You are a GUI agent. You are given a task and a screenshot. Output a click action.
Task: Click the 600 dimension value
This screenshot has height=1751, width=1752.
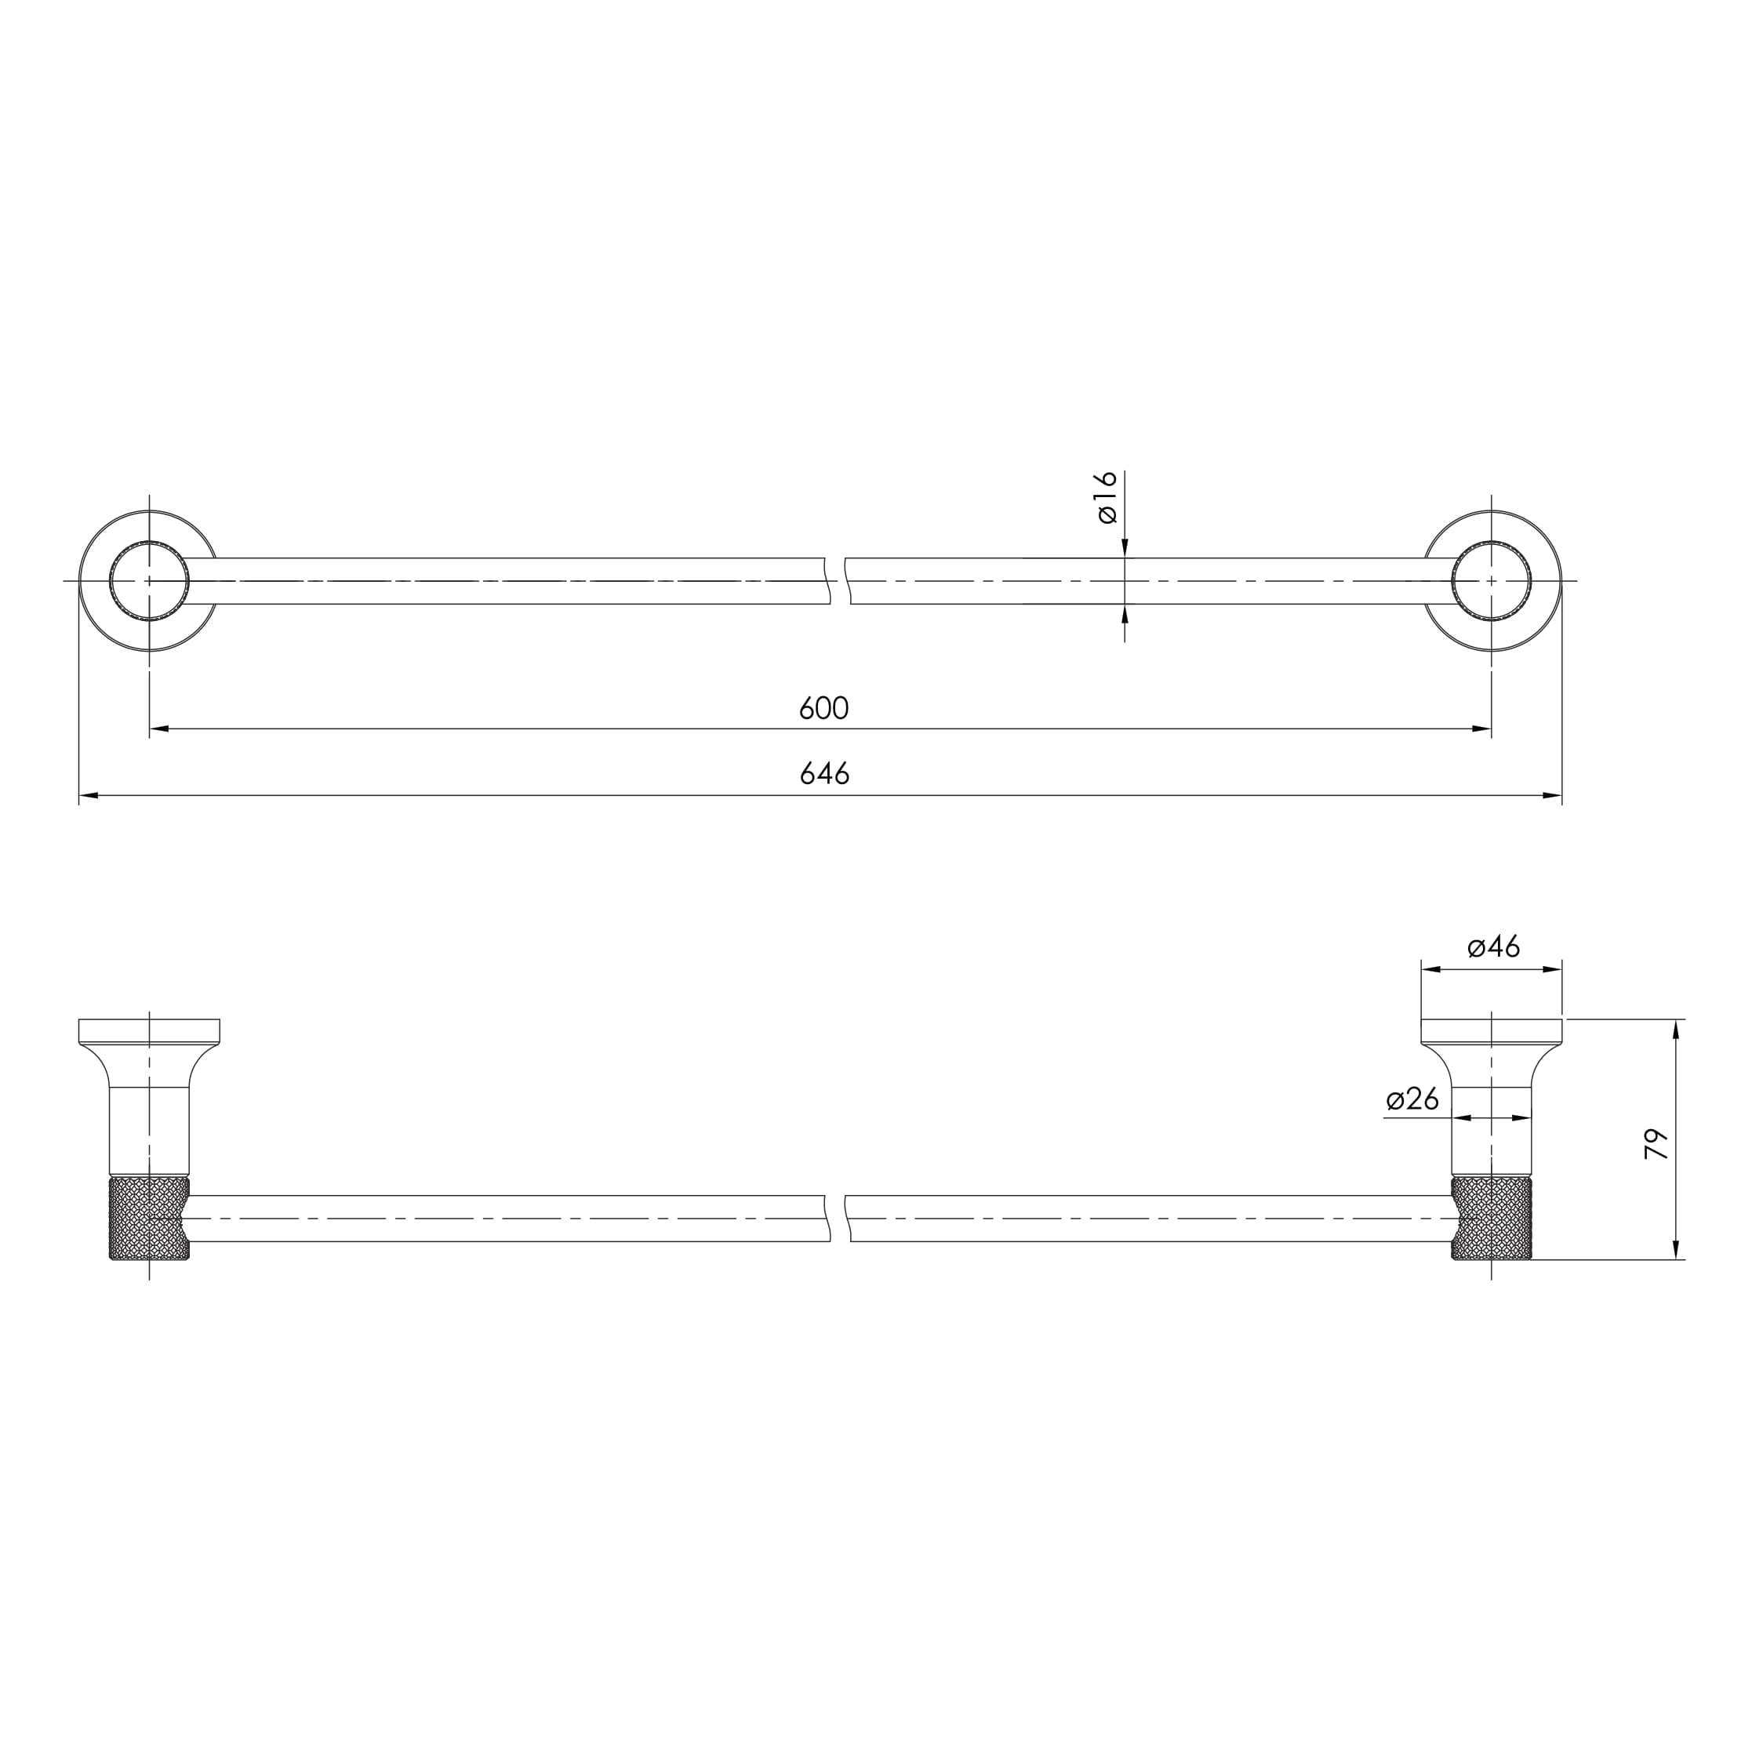[x=823, y=708]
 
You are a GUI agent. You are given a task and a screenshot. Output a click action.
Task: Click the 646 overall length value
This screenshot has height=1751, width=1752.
[x=824, y=773]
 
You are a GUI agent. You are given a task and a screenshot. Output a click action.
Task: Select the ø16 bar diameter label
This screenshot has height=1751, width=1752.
[x=1107, y=497]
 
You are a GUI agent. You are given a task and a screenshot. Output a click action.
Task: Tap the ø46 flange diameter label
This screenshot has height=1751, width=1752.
[x=1493, y=947]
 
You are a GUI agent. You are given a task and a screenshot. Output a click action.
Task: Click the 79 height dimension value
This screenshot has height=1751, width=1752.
[x=1656, y=1143]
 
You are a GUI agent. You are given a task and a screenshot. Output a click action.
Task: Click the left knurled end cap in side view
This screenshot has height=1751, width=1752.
[x=149, y=1219]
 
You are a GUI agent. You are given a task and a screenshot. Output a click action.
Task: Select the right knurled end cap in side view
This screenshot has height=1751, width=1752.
[x=1492, y=1219]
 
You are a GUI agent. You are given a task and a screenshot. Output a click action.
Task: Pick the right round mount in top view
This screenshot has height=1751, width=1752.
[x=1492, y=580]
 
